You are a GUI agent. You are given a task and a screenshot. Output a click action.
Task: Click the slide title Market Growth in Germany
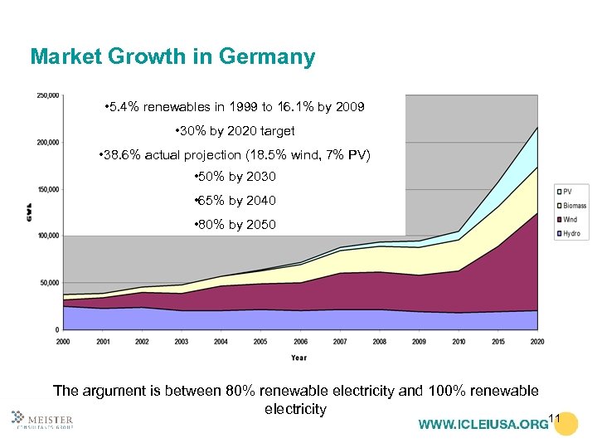pos(172,57)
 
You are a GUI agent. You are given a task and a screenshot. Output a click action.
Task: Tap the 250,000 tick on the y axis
pos(47,96)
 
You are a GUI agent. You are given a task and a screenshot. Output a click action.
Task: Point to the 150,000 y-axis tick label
pos(47,189)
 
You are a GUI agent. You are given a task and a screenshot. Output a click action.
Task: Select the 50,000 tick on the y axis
pos(49,283)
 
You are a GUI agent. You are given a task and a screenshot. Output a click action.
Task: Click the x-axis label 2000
pos(63,341)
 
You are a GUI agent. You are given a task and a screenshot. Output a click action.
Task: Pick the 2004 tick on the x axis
pos(221,341)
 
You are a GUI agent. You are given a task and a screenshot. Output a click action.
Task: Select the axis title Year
pos(298,358)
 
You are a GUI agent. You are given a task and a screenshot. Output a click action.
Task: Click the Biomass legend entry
pos(572,206)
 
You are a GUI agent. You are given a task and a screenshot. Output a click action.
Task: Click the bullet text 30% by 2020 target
pos(235,131)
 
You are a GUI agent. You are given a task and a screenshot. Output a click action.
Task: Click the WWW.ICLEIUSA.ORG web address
pos(483,425)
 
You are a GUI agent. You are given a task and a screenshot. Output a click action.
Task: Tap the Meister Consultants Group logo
pos(42,421)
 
